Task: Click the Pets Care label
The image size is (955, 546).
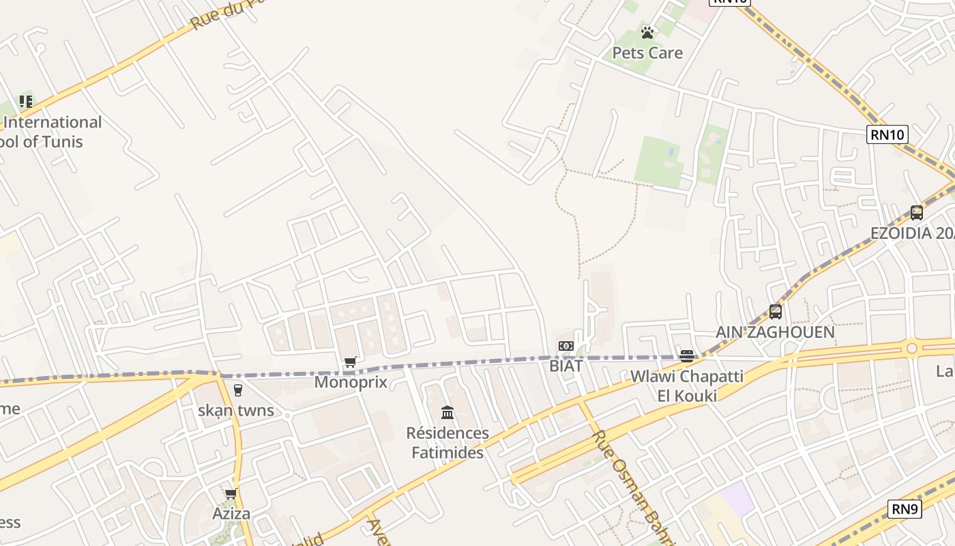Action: coord(647,53)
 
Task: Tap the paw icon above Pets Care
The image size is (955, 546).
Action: coord(647,32)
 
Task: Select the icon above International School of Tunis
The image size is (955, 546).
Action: coord(26,102)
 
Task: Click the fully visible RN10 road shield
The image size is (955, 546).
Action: coord(887,134)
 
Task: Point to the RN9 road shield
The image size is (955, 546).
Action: coord(905,508)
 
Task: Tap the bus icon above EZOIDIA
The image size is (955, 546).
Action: coord(916,212)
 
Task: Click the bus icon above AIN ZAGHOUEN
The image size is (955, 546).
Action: coord(775,312)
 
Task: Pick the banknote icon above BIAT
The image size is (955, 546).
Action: coord(565,346)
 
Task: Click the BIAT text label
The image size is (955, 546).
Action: coord(566,366)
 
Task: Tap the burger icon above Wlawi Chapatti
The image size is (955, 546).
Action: coord(687,356)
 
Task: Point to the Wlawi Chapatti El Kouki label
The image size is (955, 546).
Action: coord(687,386)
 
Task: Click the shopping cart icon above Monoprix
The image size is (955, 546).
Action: coord(351,362)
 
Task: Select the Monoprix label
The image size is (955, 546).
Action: coord(351,382)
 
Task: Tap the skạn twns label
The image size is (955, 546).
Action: coord(236,410)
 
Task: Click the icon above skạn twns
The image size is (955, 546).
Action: coord(237,390)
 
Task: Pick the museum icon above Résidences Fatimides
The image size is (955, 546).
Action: coord(447,412)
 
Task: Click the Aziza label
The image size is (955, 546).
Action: coord(231,513)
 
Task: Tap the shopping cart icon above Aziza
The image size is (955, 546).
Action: coord(231,493)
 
